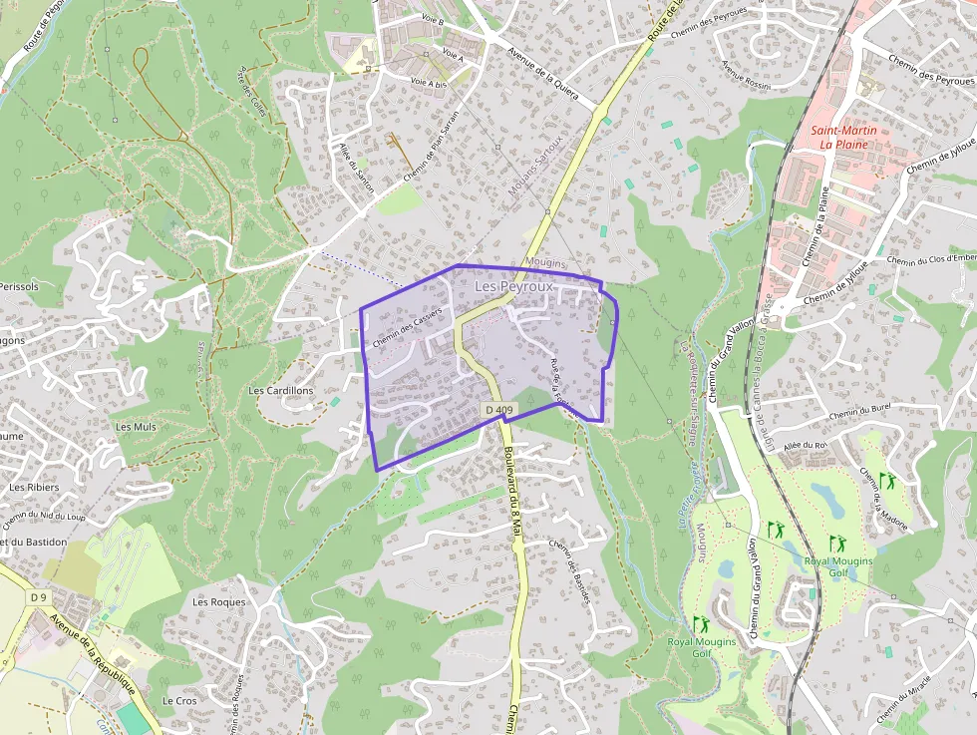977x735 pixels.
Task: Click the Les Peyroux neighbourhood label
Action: (513, 286)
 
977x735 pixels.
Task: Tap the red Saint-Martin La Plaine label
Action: (838, 137)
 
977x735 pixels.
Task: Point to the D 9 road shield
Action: (39, 597)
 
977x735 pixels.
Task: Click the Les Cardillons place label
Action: (280, 391)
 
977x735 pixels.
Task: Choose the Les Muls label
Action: (137, 427)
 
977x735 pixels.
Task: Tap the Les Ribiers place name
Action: (34, 488)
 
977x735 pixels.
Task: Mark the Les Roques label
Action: (218, 602)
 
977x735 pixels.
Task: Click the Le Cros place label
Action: (179, 701)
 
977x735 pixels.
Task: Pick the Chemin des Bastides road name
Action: (570, 569)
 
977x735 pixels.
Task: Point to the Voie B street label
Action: (433, 19)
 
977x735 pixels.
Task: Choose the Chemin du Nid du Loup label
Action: (45, 517)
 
